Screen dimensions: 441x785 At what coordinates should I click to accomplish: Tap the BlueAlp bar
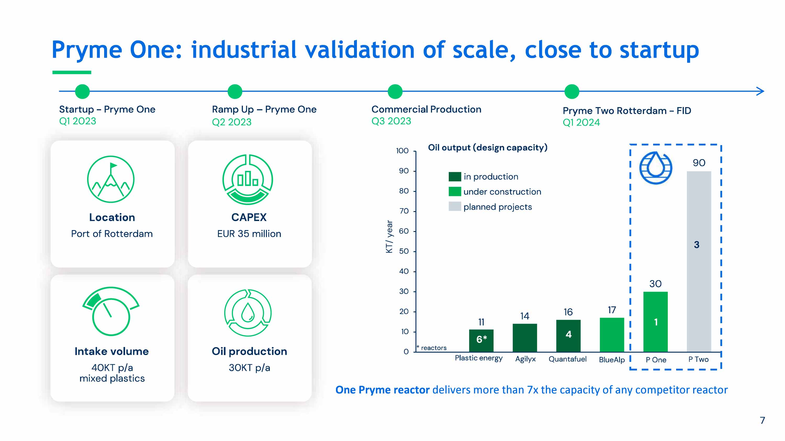[612, 334]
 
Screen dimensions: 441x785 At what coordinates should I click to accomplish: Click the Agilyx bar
[524, 338]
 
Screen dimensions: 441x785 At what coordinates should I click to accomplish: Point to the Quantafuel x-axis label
[567, 359]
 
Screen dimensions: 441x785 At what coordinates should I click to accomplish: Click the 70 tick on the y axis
[404, 211]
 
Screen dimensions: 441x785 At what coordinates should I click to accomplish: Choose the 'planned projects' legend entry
[497, 207]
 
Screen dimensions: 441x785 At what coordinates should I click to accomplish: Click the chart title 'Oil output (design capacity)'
[487, 148]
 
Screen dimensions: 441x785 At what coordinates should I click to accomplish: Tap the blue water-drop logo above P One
[655, 168]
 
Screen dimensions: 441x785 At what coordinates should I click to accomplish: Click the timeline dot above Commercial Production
[395, 91]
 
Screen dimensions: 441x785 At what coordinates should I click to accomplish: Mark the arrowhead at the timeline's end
[761, 91]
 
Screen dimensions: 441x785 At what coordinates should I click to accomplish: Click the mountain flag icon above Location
[111, 179]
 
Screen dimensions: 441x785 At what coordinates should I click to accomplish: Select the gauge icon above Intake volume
[111, 311]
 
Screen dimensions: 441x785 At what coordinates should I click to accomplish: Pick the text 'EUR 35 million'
[249, 234]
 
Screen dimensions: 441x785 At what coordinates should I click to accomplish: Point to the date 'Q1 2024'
[581, 122]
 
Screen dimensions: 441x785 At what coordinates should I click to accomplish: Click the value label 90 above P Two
[699, 163]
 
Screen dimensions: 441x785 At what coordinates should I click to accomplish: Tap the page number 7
[762, 420]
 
